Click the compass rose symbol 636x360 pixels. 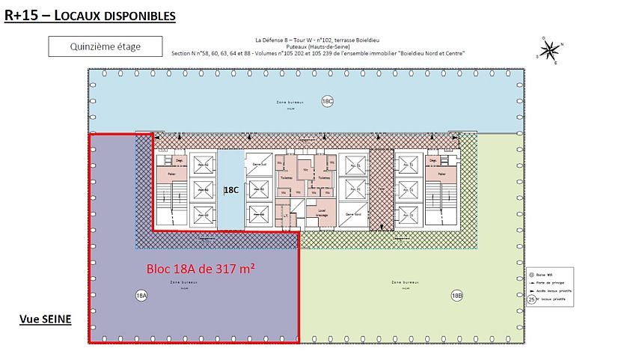(550, 50)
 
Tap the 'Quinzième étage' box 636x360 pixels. (105, 46)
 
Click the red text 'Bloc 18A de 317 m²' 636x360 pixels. (195, 267)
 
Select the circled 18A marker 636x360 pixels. (141, 296)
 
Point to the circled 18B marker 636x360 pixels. (457, 296)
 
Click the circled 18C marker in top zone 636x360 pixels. (327, 101)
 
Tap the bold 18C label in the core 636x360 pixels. (231, 190)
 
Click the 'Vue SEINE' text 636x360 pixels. (45, 319)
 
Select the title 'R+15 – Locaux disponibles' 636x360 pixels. (90, 15)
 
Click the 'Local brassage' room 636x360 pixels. (322, 213)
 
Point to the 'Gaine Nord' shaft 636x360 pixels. (353, 213)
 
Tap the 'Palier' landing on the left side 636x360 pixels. (171, 174)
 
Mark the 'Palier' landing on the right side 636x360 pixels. (441, 174)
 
